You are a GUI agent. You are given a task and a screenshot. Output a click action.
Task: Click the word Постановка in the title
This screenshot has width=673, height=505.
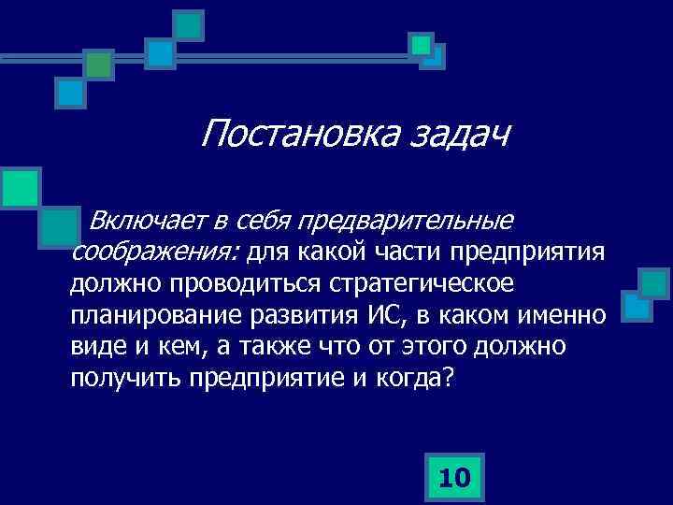(x=300, y=134)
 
